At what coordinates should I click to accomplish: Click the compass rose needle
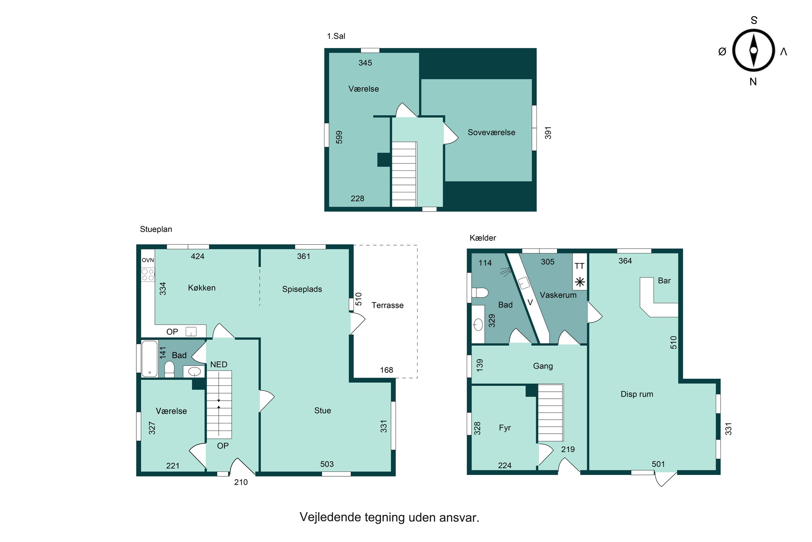[754, 50]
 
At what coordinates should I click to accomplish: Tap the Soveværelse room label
[491, 133]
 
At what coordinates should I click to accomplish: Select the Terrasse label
[387, 305]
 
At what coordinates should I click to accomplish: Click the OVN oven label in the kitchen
[148, 260]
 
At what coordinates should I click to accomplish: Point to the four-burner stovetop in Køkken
[148, 275]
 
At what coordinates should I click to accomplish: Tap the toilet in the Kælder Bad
[480, 293]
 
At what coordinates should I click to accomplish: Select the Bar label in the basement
[664, 281]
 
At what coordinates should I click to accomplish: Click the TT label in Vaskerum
[579, 266]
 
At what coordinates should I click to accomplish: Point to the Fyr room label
[505, 428]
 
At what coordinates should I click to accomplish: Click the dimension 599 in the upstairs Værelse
[339, 137]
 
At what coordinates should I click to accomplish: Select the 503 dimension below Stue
[327, 464]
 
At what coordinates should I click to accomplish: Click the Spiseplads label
[302, 289]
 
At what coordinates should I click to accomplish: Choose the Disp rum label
[637, 394]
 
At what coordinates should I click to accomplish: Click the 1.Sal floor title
[336, 36]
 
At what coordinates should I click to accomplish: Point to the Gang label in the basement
[543, 366]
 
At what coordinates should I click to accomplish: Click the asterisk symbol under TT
[580, 282]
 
